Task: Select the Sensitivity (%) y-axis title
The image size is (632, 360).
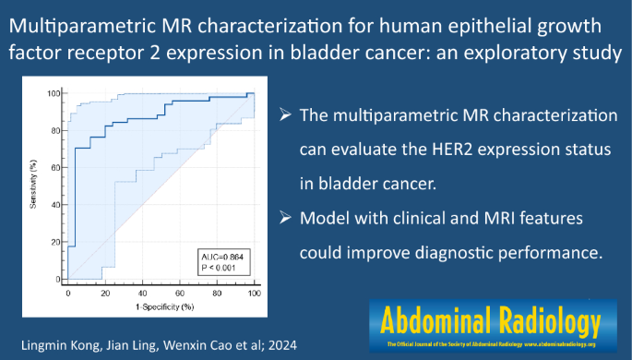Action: click(33, 186)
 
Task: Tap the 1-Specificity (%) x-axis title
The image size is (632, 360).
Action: click(160, 306)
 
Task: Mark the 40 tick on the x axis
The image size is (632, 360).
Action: click(142, 292)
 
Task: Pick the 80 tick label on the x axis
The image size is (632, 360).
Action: click(217, 292)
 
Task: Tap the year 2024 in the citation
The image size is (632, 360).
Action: click(288, 342)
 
